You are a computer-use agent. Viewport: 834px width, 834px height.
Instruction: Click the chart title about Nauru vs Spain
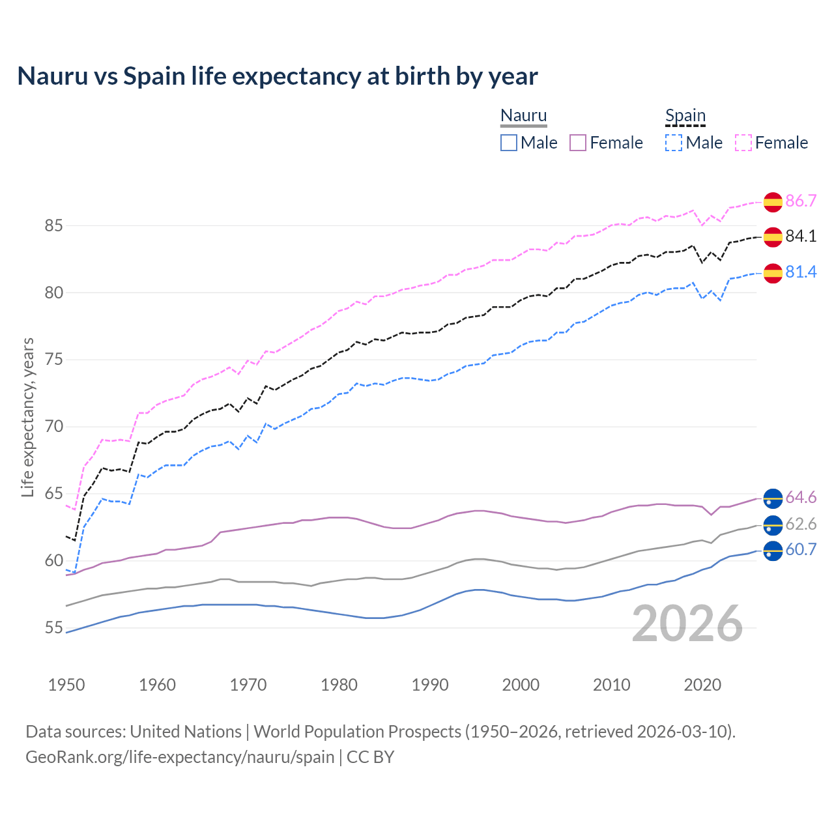point(278,76)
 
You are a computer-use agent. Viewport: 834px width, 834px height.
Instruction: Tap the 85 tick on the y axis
point(54,226)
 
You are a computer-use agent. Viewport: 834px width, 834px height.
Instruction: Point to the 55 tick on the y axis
point(54,628)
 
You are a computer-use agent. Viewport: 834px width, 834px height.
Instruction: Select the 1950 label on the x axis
point(66,685)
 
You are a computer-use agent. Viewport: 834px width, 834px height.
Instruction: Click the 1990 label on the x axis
point(430,685)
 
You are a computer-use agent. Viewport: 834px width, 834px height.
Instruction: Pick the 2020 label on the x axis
point(702,685)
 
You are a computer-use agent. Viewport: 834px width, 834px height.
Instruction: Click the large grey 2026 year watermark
point(687,624)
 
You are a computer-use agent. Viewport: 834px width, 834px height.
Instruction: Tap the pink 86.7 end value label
point(801,201)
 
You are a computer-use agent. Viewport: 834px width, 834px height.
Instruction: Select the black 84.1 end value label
point(801,237)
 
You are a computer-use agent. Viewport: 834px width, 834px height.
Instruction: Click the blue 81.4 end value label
point(801,272)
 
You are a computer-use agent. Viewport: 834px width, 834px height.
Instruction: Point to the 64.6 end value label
point(801,498)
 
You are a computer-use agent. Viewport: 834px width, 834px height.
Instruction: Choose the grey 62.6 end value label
point(801,525)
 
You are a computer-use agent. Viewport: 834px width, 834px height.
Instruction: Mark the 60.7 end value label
point(801,550)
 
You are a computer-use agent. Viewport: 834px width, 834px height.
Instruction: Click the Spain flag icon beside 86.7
point(773,202)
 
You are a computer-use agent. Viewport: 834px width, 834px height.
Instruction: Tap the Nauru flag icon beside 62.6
point(773,525)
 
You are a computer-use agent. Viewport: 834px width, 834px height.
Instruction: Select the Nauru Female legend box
point(578,143)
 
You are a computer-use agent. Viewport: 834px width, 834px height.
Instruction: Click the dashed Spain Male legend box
point(674,143)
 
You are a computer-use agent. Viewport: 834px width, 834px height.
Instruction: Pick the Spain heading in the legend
point(685,116)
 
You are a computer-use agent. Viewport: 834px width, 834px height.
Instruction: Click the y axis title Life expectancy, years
point(27,417)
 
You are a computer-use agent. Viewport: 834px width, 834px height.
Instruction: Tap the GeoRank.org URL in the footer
point(180,757)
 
